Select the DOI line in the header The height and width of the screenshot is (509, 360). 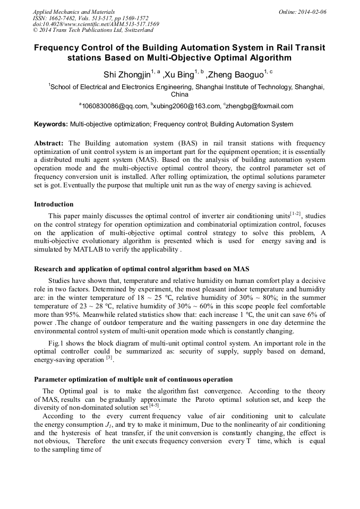(96, 24)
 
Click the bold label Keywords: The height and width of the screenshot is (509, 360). (51, 125)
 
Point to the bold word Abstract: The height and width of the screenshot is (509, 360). (49, 144)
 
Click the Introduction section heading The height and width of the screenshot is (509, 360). (54, 204)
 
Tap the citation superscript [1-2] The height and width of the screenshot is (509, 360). (295, 214)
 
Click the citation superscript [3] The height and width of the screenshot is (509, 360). (109, 358)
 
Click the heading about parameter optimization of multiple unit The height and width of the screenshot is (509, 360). (133, 379)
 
